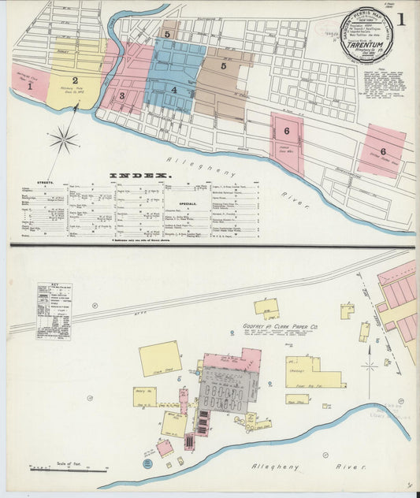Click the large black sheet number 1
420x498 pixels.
403,19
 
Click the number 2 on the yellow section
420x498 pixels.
74,80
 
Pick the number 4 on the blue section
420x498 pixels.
173,89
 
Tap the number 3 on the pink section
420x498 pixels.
122,96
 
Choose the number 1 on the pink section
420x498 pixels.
30,86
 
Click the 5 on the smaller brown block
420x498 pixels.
167,34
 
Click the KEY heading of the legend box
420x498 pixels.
54,288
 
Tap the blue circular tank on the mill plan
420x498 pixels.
147,465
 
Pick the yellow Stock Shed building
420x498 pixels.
160,359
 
